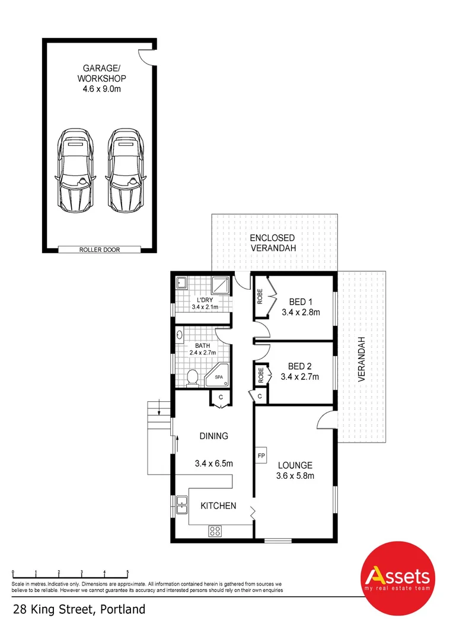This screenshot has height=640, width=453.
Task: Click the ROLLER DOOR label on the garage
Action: pyautogui.click(x=100, y=249)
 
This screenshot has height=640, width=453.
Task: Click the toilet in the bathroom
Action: pyautogui.click(x=192, y=378)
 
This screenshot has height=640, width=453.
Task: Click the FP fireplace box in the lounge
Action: pyautogui.click(x=261, y=456)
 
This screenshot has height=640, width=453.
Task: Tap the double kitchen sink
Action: pyautogui.click(x=181, y=505)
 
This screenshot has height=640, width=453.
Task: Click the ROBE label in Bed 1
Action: pyautogui.click(x=260, y=296)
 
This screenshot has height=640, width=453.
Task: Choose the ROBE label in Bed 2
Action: pyautogui.click(x=260, y=375)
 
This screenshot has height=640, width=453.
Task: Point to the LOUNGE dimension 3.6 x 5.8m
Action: pyautogui.click(x=295, y=475)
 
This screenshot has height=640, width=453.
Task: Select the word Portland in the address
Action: pyautogui.click(x=122, y=609)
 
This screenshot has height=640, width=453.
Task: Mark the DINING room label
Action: pyautogui.click(x=213, y=436)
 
